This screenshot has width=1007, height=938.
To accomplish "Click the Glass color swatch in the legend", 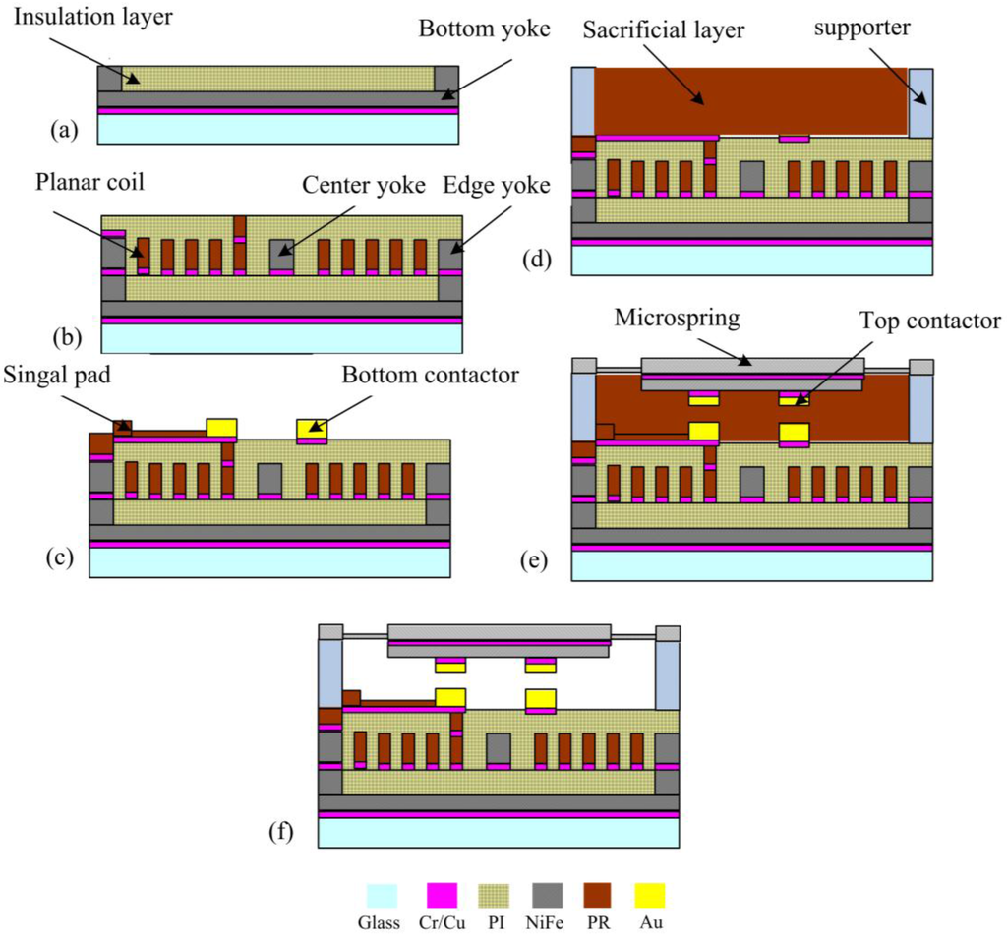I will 382,896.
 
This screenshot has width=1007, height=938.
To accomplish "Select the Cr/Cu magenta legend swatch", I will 441,896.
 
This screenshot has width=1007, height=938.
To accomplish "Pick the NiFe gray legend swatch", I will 547,896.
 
